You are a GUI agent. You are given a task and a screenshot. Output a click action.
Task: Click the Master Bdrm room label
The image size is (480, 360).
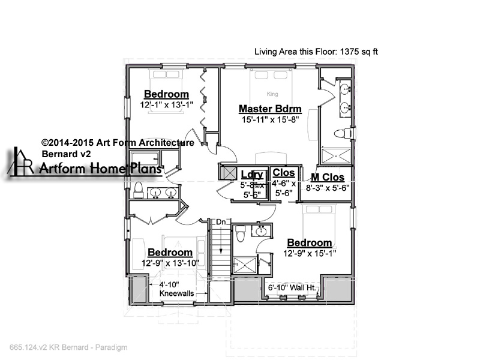(x=270, y=109)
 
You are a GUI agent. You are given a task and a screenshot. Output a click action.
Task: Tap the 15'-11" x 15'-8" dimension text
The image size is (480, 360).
(x=270, y=119)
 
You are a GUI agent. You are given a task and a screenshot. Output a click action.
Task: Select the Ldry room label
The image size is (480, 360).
(x=252, y=174)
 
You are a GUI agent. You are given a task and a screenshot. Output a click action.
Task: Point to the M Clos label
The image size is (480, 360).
(x=328, y=177)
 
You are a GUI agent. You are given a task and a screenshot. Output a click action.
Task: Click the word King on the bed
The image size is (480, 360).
(x=272, y=94)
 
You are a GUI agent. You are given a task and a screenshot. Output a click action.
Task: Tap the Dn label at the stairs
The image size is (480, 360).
(x=220, y=221)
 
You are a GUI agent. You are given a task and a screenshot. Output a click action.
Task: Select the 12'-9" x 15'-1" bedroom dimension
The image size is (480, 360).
(x=310, y=253)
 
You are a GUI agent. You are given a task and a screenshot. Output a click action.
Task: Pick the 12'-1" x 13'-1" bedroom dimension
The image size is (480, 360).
(x=167, y=104)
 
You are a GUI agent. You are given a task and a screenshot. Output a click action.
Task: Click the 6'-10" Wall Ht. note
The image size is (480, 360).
(x=291, y=288)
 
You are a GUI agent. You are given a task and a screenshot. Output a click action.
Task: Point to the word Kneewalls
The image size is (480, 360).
(x=176, y=293)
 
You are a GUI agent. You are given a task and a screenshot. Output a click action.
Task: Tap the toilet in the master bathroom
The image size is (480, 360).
(x=342, y=133)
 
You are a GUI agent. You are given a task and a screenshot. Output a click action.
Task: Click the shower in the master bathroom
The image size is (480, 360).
(x=336, y=156)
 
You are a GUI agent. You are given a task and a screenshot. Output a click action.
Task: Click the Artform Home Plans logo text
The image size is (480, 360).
(x=100, y=168)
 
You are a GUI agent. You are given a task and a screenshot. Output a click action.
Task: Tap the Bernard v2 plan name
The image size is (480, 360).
(x=66, y=154)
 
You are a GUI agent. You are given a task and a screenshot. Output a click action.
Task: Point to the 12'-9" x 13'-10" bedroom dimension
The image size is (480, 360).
(x=170, y=263)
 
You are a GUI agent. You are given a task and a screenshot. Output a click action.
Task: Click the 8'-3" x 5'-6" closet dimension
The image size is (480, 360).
(x=328, y=188)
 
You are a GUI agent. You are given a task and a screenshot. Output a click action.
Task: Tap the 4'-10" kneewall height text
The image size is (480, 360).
(x=169, y=284)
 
